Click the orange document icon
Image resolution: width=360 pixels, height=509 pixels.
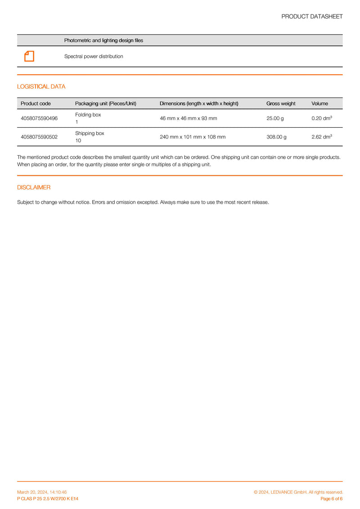pos(29,56)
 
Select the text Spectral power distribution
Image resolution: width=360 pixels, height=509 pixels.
pos(94,57)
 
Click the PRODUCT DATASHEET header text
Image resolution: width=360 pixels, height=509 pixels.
pos(312,17)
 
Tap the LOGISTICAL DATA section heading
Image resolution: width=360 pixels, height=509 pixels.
pos(41,87)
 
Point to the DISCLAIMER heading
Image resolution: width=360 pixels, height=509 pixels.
pos(34,188)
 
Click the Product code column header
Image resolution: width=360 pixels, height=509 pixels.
pos(36,103)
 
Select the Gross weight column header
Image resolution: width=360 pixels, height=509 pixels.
pos(281,103)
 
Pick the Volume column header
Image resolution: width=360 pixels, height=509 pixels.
pos(319,103)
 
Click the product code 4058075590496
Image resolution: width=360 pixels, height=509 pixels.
pos(39,118)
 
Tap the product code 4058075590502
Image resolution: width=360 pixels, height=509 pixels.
pos(39,137)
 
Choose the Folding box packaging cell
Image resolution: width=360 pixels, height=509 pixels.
pos(88,118)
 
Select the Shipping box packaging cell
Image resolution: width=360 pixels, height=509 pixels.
pos(89,137)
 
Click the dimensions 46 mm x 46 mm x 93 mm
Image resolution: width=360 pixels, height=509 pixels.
pos(189,118)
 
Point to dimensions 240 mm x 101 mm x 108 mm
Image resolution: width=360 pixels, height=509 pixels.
pos(193,137)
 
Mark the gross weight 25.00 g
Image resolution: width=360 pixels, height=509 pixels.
pos(275,118)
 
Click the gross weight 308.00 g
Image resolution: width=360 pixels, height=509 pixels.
pos(276,137)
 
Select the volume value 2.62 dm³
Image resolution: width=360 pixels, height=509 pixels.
pos(321,137)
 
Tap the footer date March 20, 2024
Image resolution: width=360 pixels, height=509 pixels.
pos(42,492)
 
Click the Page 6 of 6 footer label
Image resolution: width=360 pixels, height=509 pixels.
pos(331,499)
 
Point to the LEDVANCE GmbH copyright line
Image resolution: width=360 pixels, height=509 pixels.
pos(298,492)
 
